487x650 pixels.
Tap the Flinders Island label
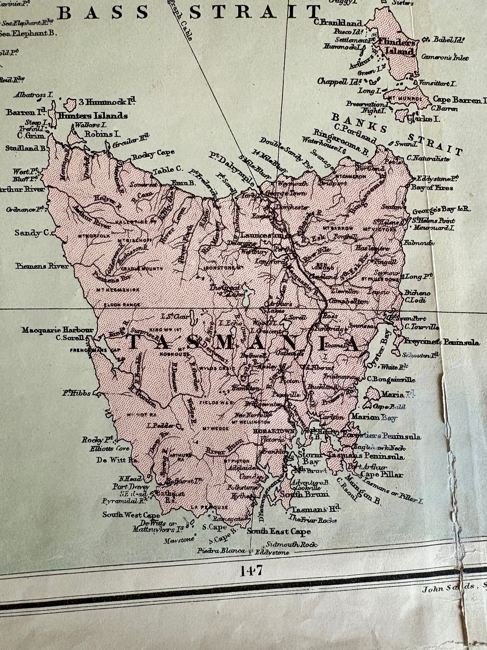tap(400, 47)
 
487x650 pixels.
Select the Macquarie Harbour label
tap(58, 330)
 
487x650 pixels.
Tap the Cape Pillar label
tap(382, 474)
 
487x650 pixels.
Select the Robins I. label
tap(102, 134)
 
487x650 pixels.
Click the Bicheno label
tap(417, 293)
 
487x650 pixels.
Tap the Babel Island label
tap(448, 40)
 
